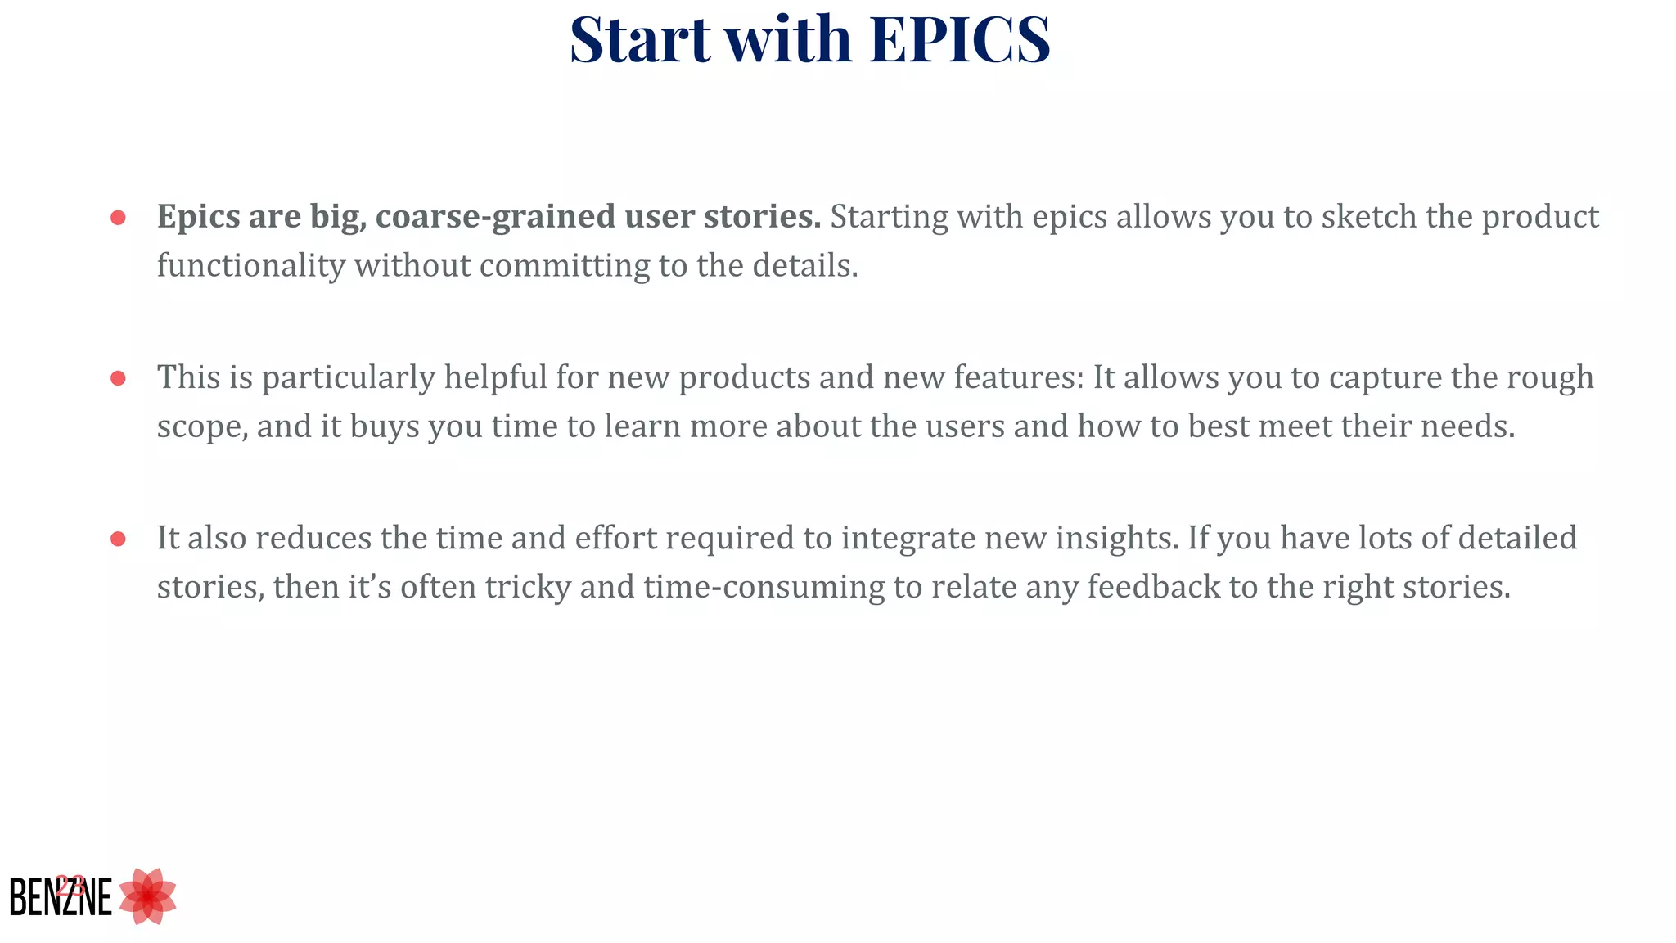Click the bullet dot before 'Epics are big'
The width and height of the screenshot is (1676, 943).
(118, 218)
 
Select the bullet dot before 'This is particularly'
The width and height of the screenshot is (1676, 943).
(118, 378)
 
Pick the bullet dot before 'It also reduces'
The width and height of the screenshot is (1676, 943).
(118, 539)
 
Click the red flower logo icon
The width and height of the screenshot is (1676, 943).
(147, 897)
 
